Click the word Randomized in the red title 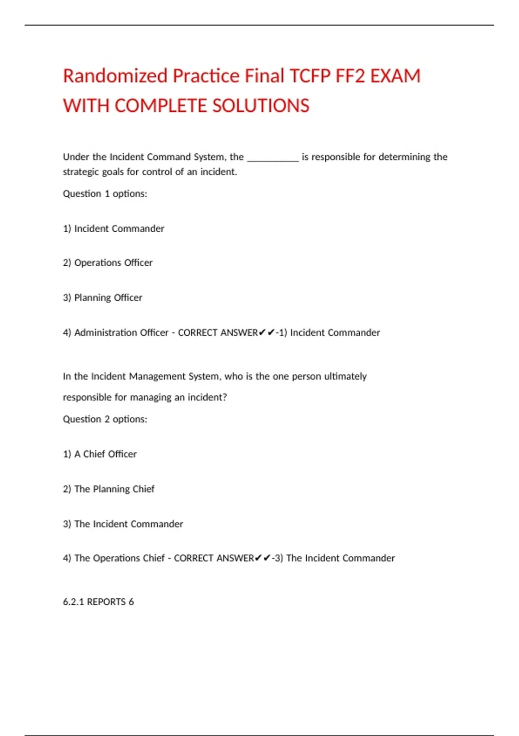coord(115,76)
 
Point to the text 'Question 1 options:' coord(105,194)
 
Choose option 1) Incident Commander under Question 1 coord(114,229)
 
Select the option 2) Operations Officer coord(108,263)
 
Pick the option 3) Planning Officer coord(103,298)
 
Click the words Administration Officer coord(121,332)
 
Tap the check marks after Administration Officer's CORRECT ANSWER coord(266,332)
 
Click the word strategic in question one coord(81,172)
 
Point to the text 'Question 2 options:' coord(105,419)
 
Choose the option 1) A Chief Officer coord(100,454)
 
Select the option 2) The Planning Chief coord(109,489)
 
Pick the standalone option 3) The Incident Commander coord(123,524)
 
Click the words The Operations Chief coord(119,558)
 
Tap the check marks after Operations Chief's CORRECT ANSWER coord(263,558)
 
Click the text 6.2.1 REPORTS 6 coord(98,602)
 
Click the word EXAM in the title coord(395,76)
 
